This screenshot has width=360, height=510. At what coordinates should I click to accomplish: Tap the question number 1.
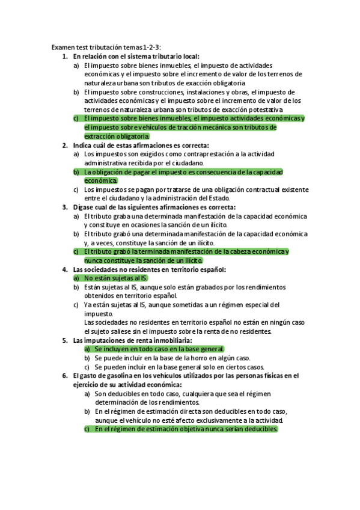(65, 55)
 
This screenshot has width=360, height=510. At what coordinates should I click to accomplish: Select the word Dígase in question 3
(84, 207)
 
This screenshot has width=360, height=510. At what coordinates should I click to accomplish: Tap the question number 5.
(65, 340)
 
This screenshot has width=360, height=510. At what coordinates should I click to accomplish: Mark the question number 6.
(65, 376)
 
